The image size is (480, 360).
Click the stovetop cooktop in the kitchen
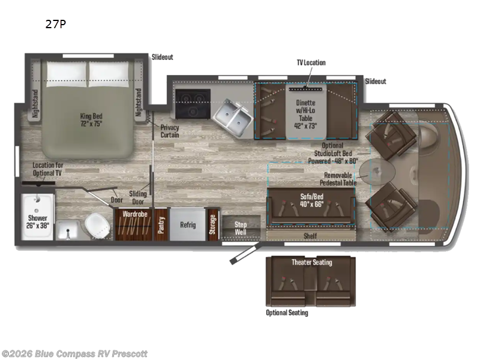click(x=193, y=104)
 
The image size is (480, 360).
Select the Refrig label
click(x=188, y=225)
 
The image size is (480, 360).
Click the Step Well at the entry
click(x=241, y=228)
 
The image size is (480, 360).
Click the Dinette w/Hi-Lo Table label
click(x=305, y=114)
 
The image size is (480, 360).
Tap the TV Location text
click(x=311, y=62)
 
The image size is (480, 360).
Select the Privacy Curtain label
click(x=170, y=131)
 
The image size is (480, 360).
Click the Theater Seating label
click(x=311, y=262)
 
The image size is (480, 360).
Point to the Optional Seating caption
click(x=287, y=313)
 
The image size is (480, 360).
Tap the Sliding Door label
click(x=139, y=197)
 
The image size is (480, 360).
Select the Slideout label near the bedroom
click(x=162, y=57)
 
